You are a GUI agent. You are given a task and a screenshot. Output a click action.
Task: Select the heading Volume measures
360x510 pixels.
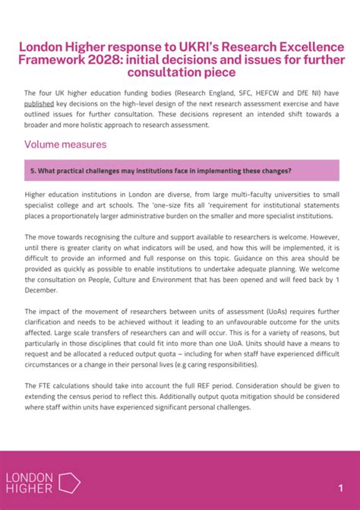tap(65, 144)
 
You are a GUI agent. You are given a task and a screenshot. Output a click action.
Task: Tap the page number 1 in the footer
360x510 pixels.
tap(340, 486)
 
